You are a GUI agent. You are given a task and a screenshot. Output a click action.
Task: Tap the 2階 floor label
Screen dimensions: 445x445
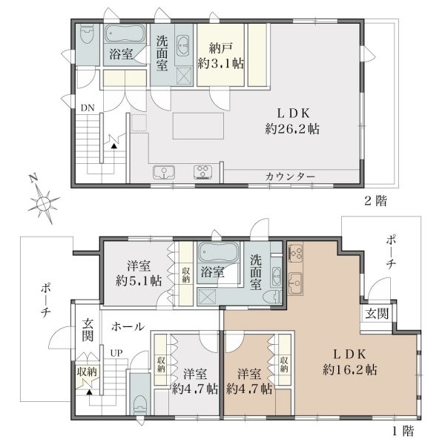pyautogui.click(x=375, y=201)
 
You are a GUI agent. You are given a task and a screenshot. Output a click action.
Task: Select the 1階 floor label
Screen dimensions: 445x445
pyautogui.click(x=403, y=431)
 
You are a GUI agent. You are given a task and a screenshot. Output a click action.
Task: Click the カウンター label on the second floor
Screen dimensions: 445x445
pyautogui.click(x=290, y=177)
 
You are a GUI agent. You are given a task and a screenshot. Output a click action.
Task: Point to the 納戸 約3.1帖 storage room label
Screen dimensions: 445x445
pyautogui.click(x=221, y=56)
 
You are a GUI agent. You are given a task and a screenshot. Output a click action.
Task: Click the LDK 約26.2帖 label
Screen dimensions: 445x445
pyautogui.click(x=292, y=121)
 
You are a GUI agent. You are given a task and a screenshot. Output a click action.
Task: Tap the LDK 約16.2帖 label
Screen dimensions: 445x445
pyautogui.click(x=349, y=362)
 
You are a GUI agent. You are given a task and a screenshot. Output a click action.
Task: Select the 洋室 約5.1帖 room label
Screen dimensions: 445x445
pyautogui.click(x=139, y=273)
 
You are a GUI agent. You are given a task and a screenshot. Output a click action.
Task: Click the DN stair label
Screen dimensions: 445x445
pyautogui.click(x=88, y=108)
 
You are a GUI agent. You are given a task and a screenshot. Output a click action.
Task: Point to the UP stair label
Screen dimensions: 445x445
pyautogui.click(x=116, y=353)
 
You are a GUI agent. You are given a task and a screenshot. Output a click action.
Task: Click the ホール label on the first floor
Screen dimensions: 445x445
pyautogui.click(x=128, y=326)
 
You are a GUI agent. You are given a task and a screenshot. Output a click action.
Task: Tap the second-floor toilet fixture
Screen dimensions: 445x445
pyautogui.click(x=87, y=33)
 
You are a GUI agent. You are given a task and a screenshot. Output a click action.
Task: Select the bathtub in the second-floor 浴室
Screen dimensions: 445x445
pyautogui.click(x=125, y=34)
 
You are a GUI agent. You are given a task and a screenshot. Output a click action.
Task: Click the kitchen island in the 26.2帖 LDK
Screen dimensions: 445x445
pyautogui.click(x=198, y=126)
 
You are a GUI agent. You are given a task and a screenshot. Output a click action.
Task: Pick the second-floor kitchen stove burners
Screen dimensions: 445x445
pyautogui.click(x=203, y=172)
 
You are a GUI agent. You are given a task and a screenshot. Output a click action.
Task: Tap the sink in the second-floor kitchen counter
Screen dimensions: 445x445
pyautogui.click(x=164, y=172)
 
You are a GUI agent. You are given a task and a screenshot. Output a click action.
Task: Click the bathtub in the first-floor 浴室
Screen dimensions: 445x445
pyautogui.click(x=219, y=252)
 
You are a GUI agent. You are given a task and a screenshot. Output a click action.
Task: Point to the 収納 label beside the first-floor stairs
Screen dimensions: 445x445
pyautogui.click(x=87, y=372)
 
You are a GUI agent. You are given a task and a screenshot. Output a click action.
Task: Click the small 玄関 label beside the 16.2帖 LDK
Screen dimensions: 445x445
pyautogui.click(x=377, y=314)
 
